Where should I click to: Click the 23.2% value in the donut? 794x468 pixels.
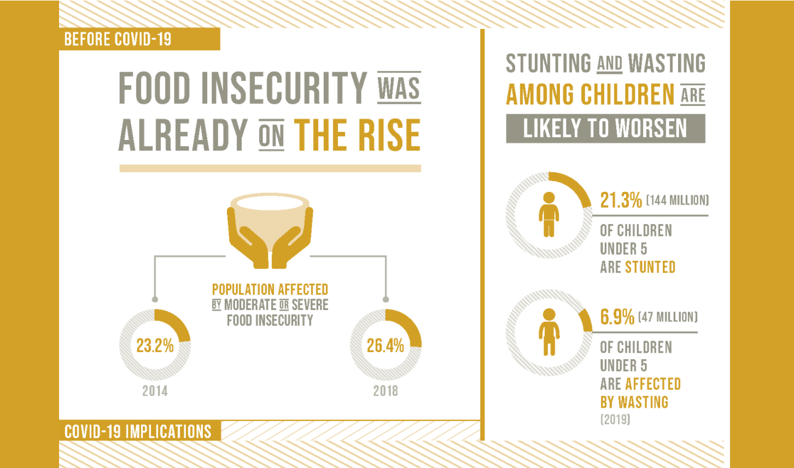(x=155, y=346)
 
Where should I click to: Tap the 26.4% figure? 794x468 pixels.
(x=386, y=346)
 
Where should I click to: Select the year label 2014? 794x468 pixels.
(x=155, y=391)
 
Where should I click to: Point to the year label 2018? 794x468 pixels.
(x=386, y=391)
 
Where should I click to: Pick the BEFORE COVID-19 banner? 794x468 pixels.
(x=118, y=39)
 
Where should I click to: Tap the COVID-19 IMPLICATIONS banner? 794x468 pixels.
(x=138, y=431)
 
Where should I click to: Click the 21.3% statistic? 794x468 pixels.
(x=621, y=200)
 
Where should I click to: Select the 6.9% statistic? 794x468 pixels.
(x=617, y=317)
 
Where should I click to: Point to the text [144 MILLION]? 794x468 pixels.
(x=677, y=201)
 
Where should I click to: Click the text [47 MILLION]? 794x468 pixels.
(x=668, y=317)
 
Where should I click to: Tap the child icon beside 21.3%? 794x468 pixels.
(x=548, y=214)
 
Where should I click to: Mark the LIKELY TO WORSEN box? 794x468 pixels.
(x=605, y=128)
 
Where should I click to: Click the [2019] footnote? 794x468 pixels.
(x=615, y=420)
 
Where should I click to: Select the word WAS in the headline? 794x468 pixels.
(x=399, y=87)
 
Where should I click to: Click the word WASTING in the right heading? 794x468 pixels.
(x=667, y=64)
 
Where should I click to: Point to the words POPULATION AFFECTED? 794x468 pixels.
(x=270, y=289)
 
